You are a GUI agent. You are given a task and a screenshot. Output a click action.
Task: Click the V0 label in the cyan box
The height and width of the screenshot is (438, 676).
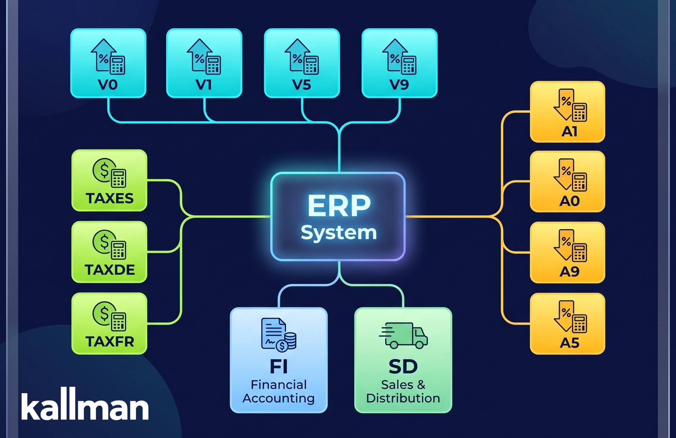[108, 84]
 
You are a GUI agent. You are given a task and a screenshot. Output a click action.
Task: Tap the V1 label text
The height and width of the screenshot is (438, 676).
[203, 84]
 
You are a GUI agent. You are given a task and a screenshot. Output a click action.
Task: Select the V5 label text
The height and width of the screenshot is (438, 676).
[302, 84]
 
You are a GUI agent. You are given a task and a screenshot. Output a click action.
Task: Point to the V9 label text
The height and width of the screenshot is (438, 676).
[399, 84]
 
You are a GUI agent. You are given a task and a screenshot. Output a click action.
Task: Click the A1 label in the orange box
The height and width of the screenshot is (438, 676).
[569, 132]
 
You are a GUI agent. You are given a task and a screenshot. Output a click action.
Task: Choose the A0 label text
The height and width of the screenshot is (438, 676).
[570, 201]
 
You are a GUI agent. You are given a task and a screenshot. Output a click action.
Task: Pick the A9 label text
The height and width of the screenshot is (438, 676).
[570, 272]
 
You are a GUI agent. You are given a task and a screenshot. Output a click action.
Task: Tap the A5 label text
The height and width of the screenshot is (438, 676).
[570, 343]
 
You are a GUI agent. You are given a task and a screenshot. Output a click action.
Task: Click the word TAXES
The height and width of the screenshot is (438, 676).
[110, 198]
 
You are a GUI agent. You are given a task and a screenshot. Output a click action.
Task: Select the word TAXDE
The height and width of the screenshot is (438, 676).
[110, 270]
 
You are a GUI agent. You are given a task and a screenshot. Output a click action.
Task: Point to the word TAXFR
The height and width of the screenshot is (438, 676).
[110, 342]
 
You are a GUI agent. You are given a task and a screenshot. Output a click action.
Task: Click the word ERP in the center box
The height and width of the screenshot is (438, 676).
[339, 206]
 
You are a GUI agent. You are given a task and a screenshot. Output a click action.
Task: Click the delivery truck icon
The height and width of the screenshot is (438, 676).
[403, 336]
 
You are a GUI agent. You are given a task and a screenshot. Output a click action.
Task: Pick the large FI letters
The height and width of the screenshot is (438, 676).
[279, 367]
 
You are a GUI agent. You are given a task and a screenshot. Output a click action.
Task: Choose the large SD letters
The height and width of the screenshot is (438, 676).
[403, 367]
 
